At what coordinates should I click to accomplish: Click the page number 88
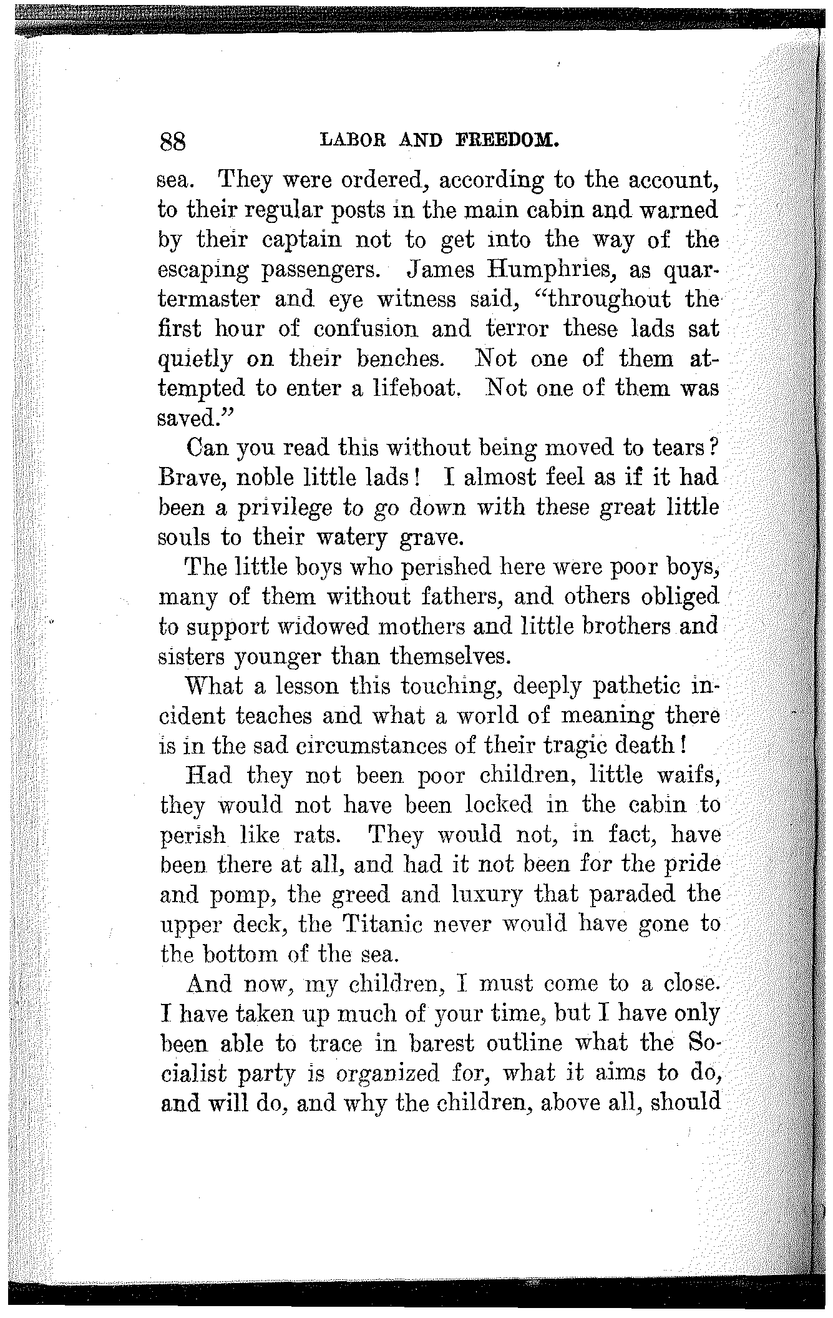coord(173,142)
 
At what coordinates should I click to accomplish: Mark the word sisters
coord(192,656)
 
